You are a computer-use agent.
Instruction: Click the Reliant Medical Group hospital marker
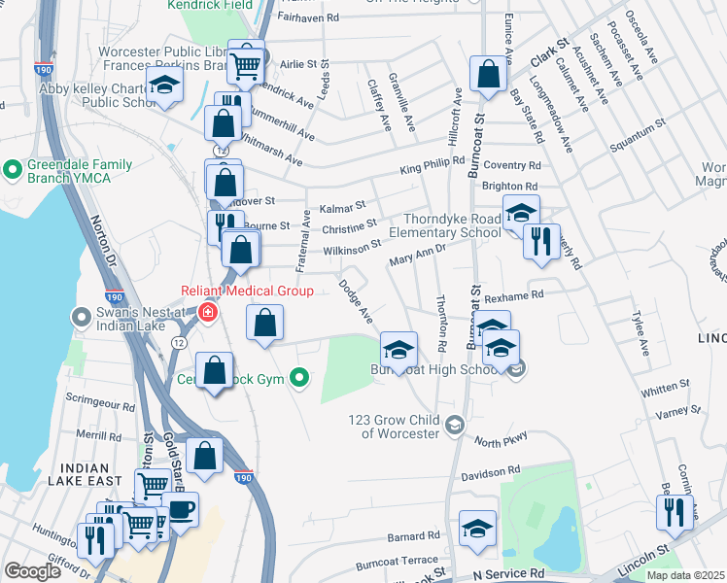coord(207,312)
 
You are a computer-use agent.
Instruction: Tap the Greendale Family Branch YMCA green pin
coord(13,171)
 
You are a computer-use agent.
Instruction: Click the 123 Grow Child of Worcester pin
coord(454,425)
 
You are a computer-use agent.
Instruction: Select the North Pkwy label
coord(501,440)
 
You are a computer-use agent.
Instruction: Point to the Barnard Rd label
coord(413,535)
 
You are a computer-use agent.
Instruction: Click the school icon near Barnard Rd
coord(477,528)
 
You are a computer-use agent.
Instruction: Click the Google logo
coord(32,571)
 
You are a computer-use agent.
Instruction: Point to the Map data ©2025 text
coord(685,575)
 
